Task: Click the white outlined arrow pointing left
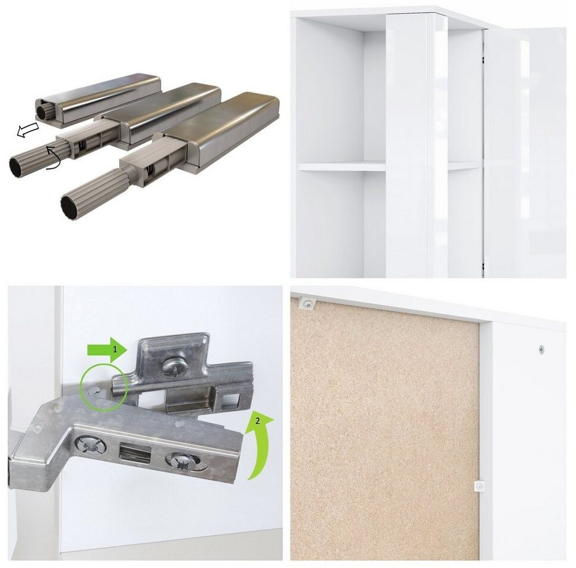point(27,130)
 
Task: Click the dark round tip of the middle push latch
point(18,168)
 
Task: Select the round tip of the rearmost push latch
point(44,110)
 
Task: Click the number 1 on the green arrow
point(115,350)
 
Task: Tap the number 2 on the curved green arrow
point(257,421)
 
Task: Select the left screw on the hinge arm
point(90,446)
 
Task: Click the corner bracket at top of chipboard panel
point(307,303)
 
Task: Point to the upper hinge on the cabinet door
point(483,60)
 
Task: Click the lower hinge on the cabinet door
point(483,267)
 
